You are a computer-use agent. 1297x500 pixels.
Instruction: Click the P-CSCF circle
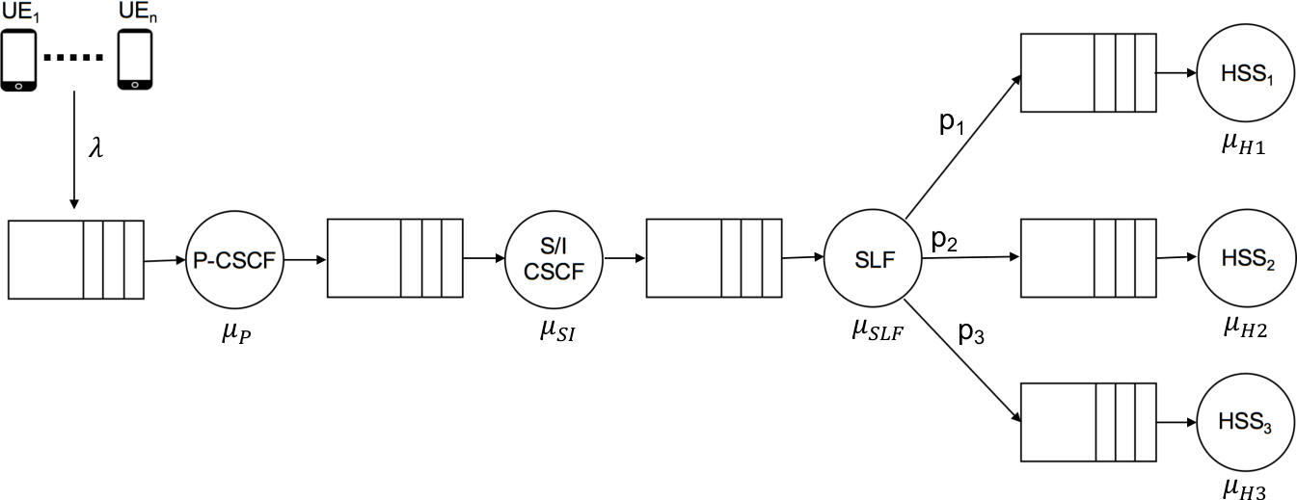point(234,260)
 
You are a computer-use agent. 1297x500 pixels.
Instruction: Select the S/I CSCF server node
point(554,259)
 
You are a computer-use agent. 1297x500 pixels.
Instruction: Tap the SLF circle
point(873,259)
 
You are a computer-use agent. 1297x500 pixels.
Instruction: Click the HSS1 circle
point(1246,73)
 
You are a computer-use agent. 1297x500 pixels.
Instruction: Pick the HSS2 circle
point(1247,258)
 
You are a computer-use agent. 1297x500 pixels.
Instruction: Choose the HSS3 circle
point(1246,423)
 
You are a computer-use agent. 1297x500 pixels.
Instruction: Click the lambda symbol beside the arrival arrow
point(96,147)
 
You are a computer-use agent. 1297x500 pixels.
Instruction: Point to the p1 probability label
point(952,122)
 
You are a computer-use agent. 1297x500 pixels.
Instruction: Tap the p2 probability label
point(944,240)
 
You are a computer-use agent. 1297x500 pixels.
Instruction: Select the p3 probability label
point(971,332)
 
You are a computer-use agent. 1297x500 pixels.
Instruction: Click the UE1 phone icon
point(18,60)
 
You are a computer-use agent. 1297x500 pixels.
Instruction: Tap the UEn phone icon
point(135,60)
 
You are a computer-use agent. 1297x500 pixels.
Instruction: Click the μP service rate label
point(236,333)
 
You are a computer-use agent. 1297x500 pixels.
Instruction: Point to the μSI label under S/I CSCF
point(557,331)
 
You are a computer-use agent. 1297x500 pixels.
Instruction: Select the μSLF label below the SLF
point(878,330)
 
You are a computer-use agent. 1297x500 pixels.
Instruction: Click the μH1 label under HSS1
point(1243,145)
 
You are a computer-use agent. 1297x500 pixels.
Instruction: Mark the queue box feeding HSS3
point(1089,423)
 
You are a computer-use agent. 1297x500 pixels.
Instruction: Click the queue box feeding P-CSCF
point(76,260)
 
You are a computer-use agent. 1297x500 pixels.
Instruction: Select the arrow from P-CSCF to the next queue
point(305,260)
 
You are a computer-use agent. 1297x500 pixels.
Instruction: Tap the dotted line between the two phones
point(73,57)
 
